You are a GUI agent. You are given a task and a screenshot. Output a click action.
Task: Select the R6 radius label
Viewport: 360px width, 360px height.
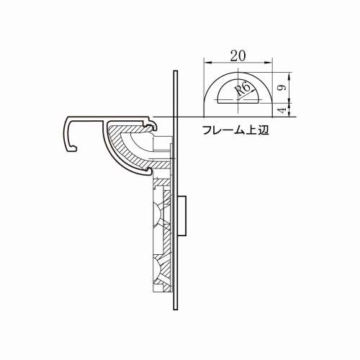(243, 89)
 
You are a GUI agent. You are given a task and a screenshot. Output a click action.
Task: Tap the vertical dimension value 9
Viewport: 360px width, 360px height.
(286, 86)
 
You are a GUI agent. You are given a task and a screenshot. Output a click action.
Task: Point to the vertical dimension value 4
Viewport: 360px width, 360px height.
(286, 109)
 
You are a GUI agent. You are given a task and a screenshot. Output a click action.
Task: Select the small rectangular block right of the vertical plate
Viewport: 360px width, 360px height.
(183, 216)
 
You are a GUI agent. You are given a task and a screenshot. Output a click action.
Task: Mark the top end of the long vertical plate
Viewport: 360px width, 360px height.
(175, 72)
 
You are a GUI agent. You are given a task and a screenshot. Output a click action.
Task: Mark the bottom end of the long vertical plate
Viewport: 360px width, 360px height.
(175, 310)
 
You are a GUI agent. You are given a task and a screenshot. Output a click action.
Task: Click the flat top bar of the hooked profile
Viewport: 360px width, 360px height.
(108, 117)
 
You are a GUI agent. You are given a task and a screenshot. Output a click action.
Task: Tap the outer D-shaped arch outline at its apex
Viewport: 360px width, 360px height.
(237, 71)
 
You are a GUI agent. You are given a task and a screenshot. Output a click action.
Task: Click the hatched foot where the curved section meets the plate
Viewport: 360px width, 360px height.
(163, 166)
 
